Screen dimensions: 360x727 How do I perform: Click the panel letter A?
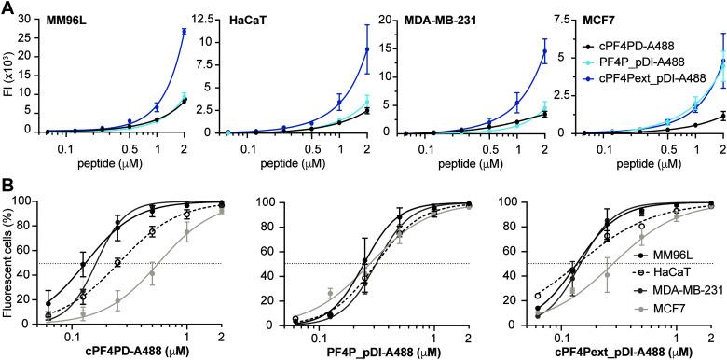7,7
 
